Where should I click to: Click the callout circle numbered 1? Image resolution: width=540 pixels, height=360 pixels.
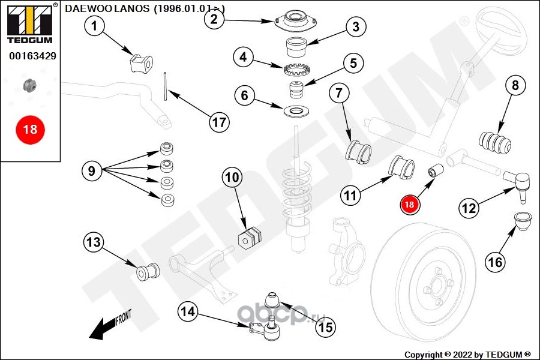click(95, 25)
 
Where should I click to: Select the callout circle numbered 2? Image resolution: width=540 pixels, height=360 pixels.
click(215, 19)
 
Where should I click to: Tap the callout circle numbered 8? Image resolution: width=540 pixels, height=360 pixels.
click(514, 86)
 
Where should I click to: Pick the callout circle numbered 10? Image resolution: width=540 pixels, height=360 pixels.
click(232, 177)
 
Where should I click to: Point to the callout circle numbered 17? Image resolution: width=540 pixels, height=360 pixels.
click(219, 122)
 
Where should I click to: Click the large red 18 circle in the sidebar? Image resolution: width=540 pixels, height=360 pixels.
click(29, 128)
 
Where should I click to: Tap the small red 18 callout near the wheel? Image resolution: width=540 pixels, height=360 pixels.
click(410, 204)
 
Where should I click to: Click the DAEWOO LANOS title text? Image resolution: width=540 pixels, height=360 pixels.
click(145, 8)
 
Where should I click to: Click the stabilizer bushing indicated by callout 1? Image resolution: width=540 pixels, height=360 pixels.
click(141, 62)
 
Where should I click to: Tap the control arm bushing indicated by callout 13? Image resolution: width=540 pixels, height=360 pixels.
click(148, 272)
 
